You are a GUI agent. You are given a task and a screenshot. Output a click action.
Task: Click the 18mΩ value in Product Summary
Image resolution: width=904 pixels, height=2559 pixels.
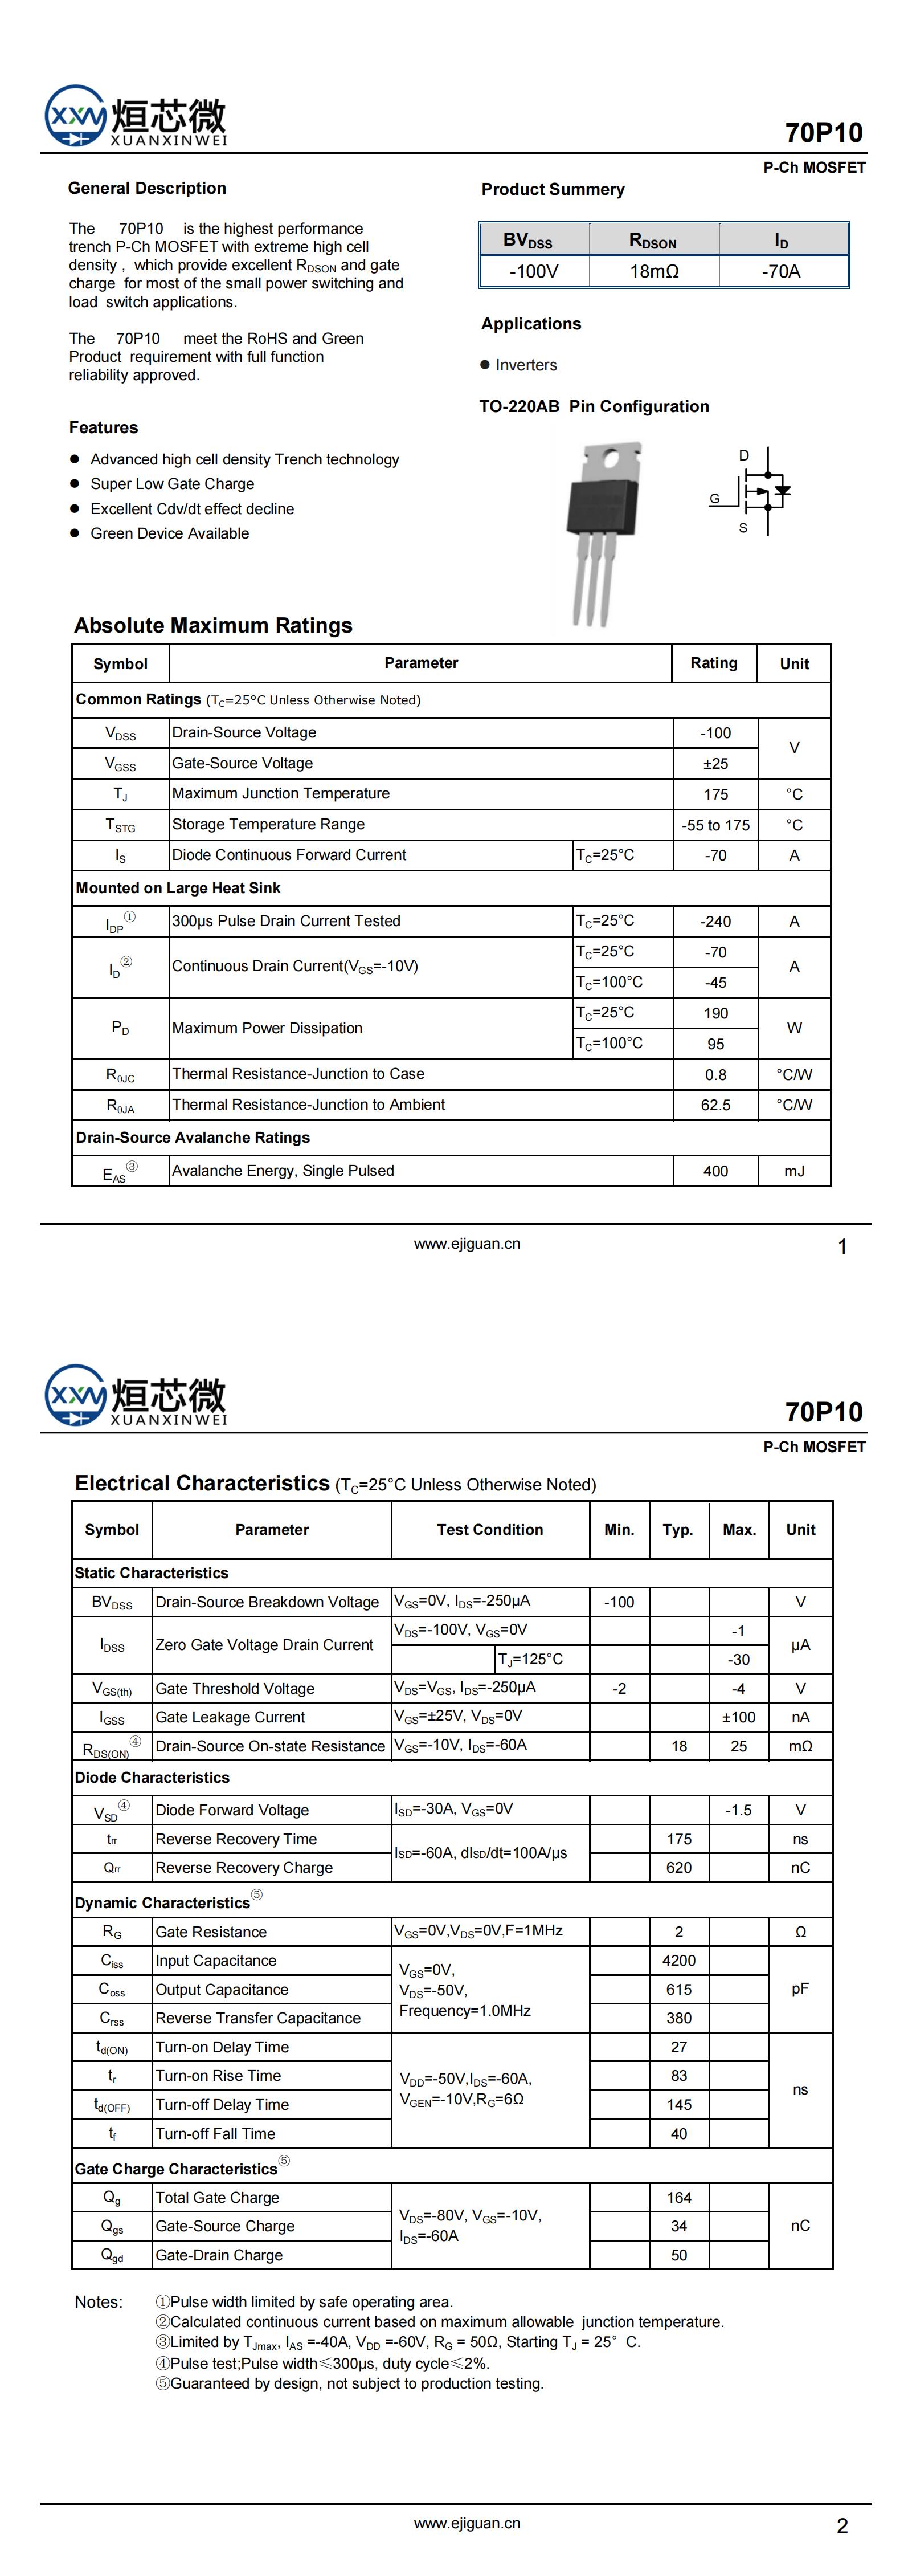[x=654, y=271]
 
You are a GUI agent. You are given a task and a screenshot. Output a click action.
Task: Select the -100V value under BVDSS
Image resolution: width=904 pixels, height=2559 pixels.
[x=534, y=271]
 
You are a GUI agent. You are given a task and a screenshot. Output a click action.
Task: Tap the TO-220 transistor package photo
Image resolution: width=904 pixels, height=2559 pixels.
[x=602, y=532]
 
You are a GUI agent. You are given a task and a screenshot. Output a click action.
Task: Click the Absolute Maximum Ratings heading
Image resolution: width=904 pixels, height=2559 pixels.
[x=212, y=626]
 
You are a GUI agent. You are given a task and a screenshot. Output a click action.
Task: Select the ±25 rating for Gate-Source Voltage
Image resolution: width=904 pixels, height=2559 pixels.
[x=715, y=764]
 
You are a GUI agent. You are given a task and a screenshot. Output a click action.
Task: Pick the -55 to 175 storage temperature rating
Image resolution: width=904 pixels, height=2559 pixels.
[x=715, y=825]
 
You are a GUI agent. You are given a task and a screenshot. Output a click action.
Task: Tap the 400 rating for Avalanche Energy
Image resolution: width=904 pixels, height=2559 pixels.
[x=715, y=1171]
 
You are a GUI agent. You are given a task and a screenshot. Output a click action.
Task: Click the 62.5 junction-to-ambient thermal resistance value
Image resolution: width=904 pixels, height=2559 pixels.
[x=715, y=1105]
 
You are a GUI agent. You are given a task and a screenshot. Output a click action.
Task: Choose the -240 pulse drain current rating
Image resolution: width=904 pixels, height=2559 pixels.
[x=715, y=922]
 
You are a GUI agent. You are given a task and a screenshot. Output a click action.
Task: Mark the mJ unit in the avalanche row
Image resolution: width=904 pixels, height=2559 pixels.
[x=793, y=1171]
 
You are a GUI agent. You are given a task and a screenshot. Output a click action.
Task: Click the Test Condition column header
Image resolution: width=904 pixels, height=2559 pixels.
[x=490, y=1530]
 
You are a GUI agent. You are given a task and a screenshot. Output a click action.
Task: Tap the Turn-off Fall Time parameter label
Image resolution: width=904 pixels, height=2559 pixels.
[x=215, y=2133]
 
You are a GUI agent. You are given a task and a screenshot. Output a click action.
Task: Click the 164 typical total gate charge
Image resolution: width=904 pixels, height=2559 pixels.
[x=678, y=2198]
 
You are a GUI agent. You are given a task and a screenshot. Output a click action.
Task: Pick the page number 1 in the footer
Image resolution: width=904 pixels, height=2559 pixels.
[x=842, y=1246]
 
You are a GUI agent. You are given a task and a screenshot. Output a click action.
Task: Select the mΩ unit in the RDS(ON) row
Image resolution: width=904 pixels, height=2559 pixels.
[x=800, y=1746]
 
